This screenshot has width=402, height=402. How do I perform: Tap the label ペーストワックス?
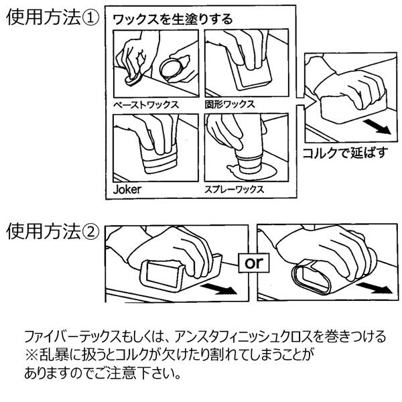tap(145, 105)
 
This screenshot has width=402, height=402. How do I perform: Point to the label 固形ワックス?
tap(230, 105)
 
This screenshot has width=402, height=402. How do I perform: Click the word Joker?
tap(127, 189)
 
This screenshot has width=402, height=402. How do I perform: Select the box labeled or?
tap(255, 263)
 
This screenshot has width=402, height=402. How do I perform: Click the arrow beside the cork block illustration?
tap(377, 124)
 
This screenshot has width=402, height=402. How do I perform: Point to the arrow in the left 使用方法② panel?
tap(220, 287)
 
